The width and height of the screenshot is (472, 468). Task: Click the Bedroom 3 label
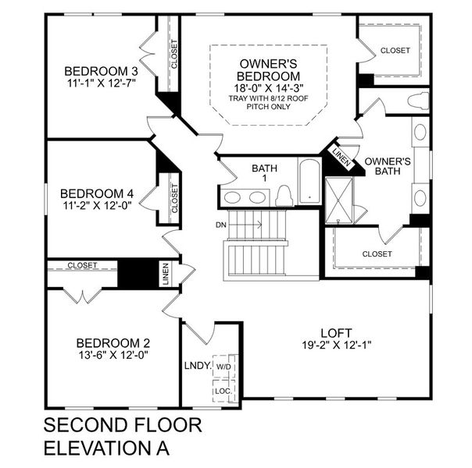[x=96, y=67]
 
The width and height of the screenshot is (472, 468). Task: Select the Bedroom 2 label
[x=113, y=342]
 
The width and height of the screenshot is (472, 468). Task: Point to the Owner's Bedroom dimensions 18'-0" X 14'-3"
[x=270, y=88]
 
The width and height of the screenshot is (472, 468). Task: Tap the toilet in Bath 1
[x=284, y=197]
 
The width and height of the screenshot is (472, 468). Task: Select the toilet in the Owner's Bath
[x=418, y=101]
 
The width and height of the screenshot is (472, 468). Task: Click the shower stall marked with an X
[x=339, y=190]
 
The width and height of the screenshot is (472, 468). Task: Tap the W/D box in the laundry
[x=223, y=366]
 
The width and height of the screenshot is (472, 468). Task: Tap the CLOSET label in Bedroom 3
[x=173, y=55]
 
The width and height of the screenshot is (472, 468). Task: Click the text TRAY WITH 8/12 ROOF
[x=270, y=99]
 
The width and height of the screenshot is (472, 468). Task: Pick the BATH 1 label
[x=259, y=173]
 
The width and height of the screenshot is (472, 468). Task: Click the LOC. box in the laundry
[x=223, y=389]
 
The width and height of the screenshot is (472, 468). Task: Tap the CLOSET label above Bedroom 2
[x=82, y=265]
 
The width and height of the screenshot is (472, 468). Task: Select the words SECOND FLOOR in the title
[x=123, y=426]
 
